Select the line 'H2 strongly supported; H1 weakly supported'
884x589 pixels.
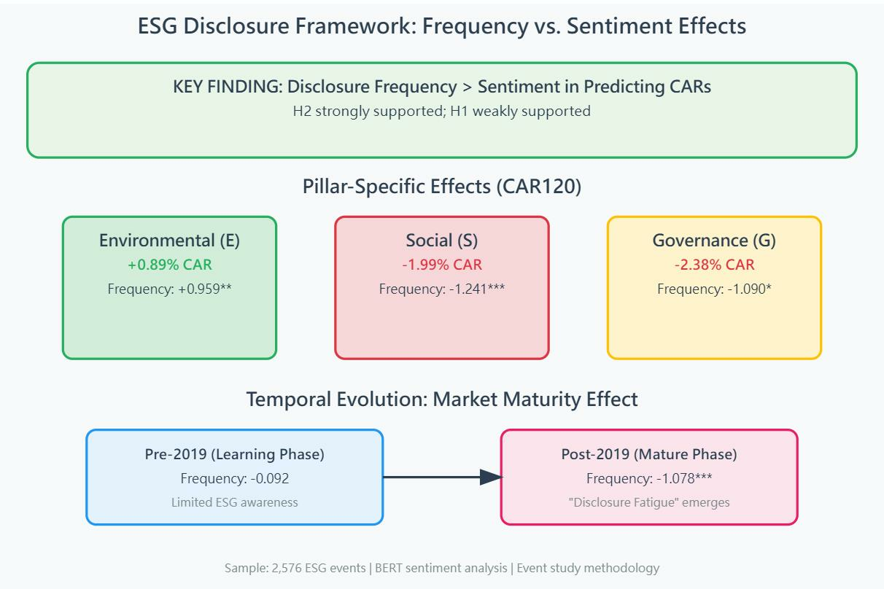pos(441,112)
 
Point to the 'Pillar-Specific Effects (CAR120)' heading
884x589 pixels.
pos(441,186)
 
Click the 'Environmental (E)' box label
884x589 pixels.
pos(169,241)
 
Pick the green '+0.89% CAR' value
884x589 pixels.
pos(169,265)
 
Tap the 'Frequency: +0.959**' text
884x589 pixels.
pos(169,289)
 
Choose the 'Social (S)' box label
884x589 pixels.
pos(441,241)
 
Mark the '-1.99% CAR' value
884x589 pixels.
pos(441,265)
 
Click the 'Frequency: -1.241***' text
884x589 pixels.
pos(441,289)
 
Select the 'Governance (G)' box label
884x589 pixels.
pos(714,241)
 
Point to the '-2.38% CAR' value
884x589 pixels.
pos(714,265)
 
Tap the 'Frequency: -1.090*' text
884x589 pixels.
pos(714,289)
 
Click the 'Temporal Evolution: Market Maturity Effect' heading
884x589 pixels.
pos(441,399)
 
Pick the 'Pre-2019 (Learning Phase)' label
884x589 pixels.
pos(234,454)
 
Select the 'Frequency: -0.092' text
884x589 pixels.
pos(234,478)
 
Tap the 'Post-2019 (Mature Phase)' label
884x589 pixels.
pos(649,454)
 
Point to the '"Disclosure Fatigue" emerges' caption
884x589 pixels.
pos(649,502)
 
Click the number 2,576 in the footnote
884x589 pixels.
pos(281,568)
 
